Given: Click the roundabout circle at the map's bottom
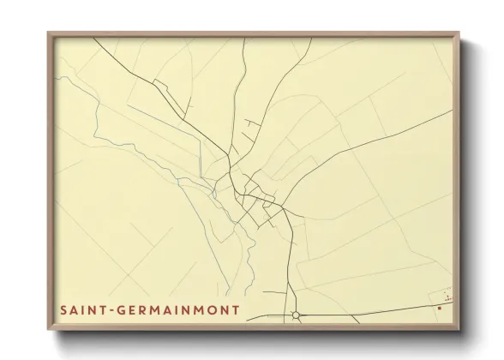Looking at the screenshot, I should pos(296,315).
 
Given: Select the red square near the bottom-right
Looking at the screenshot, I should pos(439,305).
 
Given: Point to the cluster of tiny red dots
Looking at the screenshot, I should pos(447,296).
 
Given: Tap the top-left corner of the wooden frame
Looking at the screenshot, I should pos(49,33).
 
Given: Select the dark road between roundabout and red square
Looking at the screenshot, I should pos(369,309).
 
